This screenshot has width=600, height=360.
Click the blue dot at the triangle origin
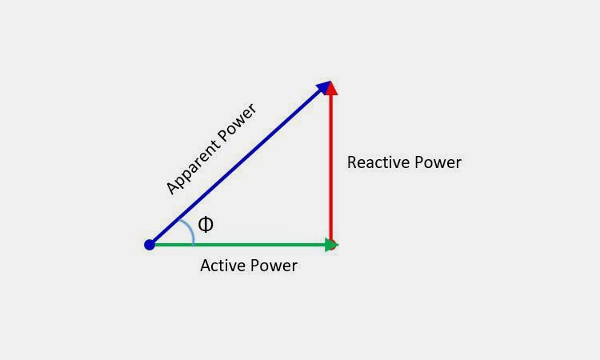[150, 244]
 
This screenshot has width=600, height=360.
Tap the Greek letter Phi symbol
[206, 224]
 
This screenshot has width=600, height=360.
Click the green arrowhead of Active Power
[331, 244]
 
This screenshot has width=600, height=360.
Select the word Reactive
[378, 162]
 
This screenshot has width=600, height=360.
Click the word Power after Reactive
[437, 162]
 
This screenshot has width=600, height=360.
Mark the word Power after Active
[273, 266]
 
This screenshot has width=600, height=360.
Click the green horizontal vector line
[240, 244]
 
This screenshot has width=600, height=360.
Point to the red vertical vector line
[330, 168]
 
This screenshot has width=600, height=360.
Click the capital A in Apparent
[172, 189]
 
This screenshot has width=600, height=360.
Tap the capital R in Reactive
[353, 162]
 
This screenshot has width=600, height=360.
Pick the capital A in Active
[206, 266]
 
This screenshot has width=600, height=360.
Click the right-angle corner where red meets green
[331, 244]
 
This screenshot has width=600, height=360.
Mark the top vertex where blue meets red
[330, 82]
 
